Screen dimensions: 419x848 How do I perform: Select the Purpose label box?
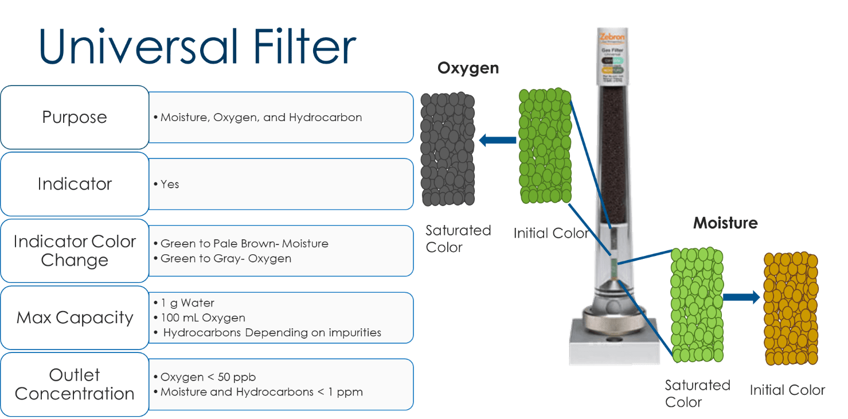(75, 117)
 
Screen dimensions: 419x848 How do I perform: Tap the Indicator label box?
(75, 184)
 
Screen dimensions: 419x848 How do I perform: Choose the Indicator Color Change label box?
(75, 251)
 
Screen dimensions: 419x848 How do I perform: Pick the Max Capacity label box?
(75, 317)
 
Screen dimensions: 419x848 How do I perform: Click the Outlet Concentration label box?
(75, 384)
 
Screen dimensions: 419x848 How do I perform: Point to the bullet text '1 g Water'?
(187, 302)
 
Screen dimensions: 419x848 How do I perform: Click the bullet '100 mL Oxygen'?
(203, 317)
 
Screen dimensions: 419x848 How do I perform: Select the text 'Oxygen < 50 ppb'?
(208, 377)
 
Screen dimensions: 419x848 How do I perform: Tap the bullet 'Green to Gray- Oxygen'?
(226, 258)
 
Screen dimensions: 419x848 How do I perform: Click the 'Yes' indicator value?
(170, 184)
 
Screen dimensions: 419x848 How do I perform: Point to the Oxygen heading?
(468, 68)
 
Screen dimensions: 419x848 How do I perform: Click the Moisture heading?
(725, 223)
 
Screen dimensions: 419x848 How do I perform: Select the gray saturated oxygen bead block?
(448, 149)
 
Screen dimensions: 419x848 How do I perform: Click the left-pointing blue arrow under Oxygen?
(497, 139)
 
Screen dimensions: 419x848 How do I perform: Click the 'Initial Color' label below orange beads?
(787, 390)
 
